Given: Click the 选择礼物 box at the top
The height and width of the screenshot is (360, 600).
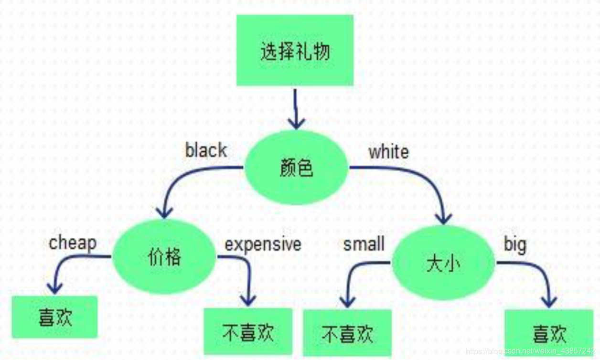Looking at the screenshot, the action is (x=295, y=51).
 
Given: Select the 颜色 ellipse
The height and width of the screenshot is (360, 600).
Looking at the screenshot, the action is (x=297, y=168).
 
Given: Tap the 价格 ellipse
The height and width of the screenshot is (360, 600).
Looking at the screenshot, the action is (x=164, y=257).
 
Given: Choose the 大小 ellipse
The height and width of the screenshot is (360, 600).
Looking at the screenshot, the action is (x=443, y=263).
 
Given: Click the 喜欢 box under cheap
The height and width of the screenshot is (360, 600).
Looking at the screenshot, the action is (x=55, y=317).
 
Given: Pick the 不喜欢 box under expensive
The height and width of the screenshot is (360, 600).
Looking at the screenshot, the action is (x=248, y=332).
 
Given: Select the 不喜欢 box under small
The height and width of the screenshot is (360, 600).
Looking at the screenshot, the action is (x=347, y=334).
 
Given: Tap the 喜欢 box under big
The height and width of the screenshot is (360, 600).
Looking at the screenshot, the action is (x=549, y=333).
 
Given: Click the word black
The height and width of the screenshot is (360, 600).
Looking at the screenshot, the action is (x=206, y=150).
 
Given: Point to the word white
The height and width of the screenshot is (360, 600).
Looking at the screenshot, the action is (x=388, y=152).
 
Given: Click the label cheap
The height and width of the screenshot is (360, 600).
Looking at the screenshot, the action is (x=73, y=243).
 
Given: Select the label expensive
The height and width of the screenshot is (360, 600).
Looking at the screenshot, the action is (x=263, y=244).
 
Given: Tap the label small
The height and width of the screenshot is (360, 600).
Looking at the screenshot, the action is (x=364, y=244).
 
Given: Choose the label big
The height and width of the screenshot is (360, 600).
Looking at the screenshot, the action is (x=515, y=245).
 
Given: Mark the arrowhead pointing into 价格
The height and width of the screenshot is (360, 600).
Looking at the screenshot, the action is (x=165, y=212).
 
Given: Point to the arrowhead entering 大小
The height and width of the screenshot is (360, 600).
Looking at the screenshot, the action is (x=444, y=218).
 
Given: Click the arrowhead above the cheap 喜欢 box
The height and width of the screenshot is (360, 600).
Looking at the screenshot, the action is (x=54, y=287).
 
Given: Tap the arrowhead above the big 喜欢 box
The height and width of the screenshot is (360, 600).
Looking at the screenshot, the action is (x=549, y=301).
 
